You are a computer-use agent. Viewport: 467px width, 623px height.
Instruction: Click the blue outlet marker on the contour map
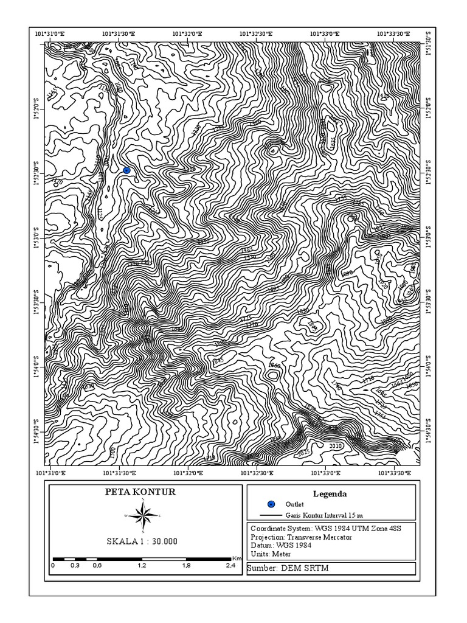[x=126, y=170]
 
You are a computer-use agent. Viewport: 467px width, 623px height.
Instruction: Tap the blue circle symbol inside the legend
[x=271, y=504]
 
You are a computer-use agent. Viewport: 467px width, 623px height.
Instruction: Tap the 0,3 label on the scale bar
[x=75, y=565]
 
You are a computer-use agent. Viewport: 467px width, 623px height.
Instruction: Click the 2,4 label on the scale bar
[x=231, y=565]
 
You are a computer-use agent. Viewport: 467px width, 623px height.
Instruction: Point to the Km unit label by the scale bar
[x=237, y=557]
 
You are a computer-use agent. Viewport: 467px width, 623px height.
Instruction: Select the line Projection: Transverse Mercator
[x=301, y=537]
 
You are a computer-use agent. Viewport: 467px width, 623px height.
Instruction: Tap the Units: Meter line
[x=271, y=554]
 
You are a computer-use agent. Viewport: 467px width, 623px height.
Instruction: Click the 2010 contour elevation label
[x=336, y=446]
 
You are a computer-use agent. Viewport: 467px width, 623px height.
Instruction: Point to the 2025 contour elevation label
[x=304, y=452]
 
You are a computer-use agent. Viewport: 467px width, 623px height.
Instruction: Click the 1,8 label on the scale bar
[x=186, y=565]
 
